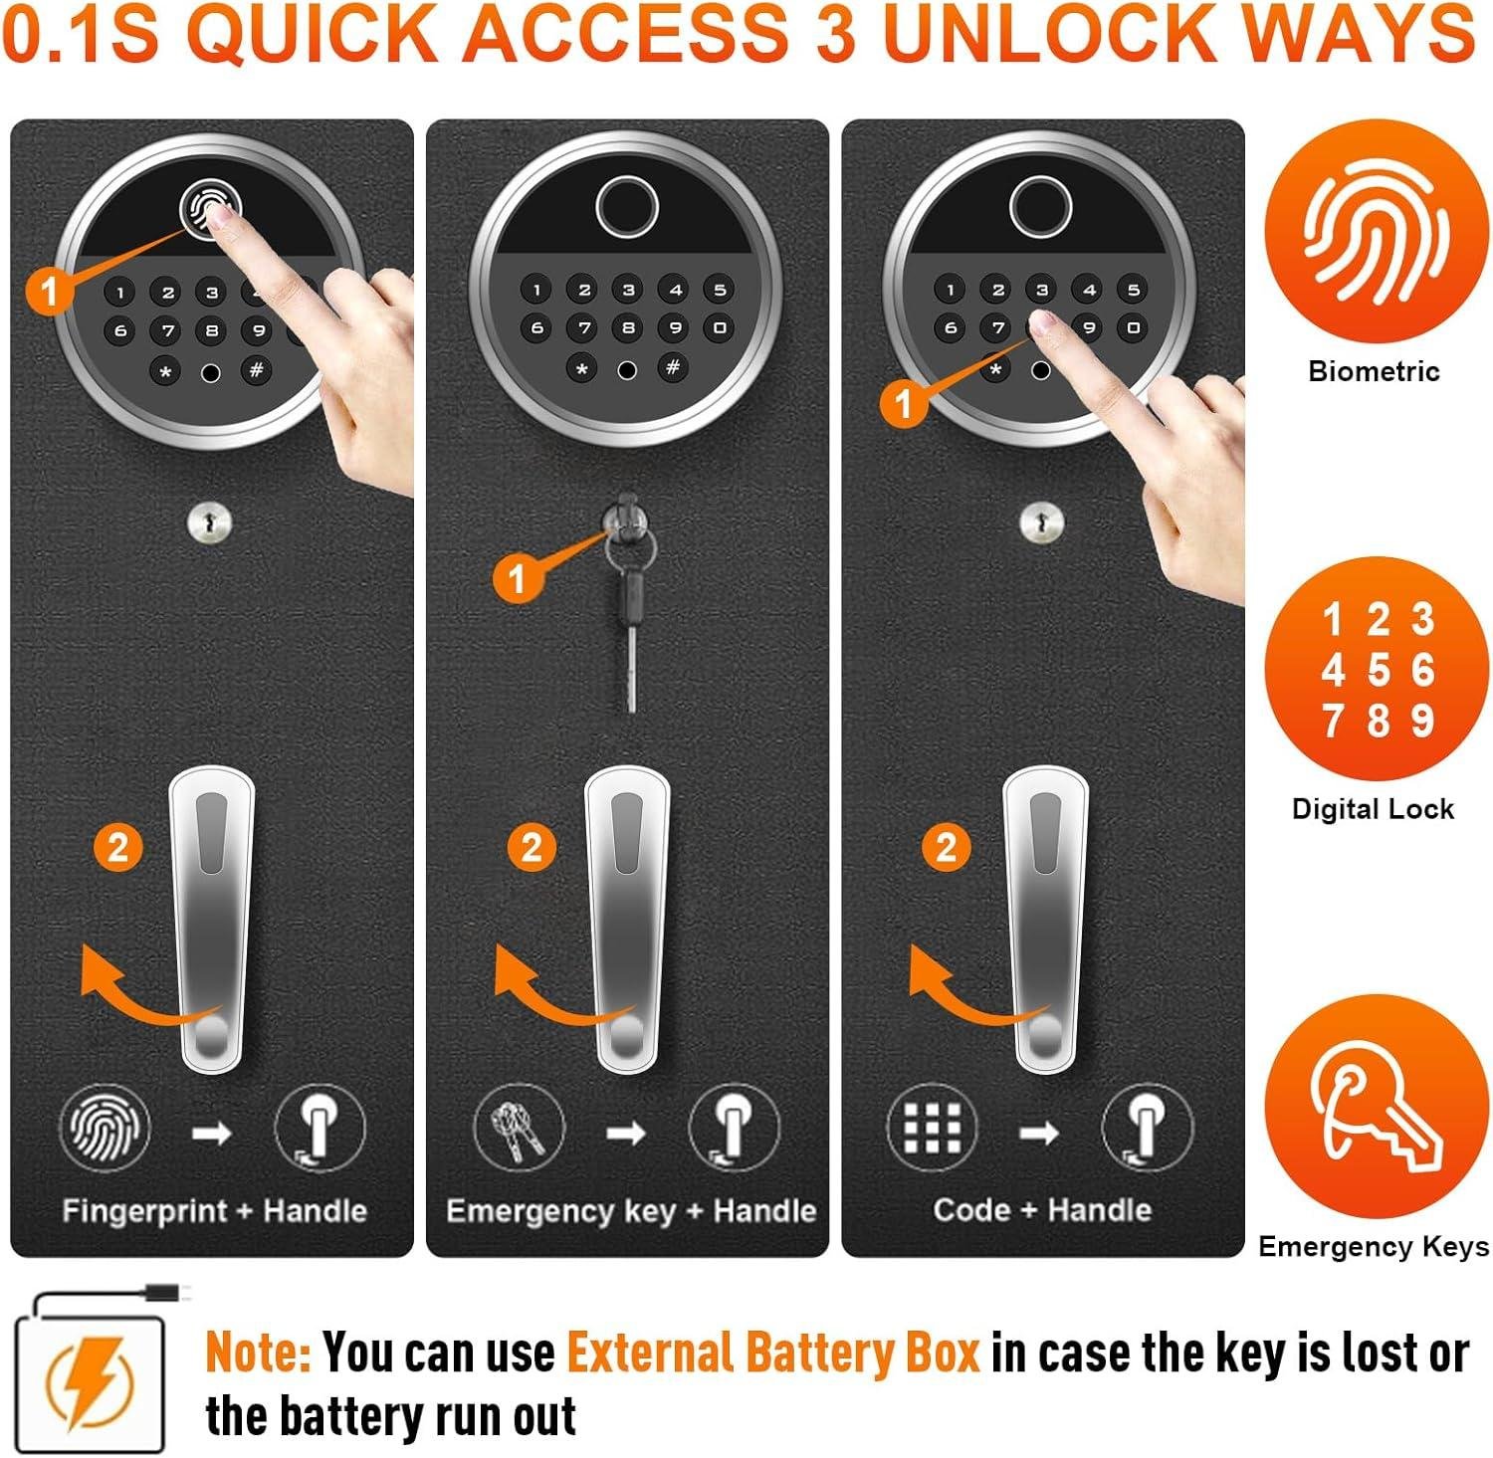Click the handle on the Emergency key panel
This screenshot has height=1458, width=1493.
coord(627,916)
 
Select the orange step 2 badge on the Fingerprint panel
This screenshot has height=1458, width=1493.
coord(118,847)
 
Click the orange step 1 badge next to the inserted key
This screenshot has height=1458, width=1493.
coord(517,577)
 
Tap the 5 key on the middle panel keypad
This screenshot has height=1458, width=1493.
coord(720,290)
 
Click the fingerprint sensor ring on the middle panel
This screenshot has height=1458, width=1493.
coord(627,207)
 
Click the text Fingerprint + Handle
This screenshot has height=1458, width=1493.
coord(214,1210)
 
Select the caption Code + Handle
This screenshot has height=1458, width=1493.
coord(1042,1209)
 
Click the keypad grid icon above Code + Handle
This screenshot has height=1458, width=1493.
coord(932,1128)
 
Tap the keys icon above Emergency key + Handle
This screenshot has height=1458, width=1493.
coord(519,1128)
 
